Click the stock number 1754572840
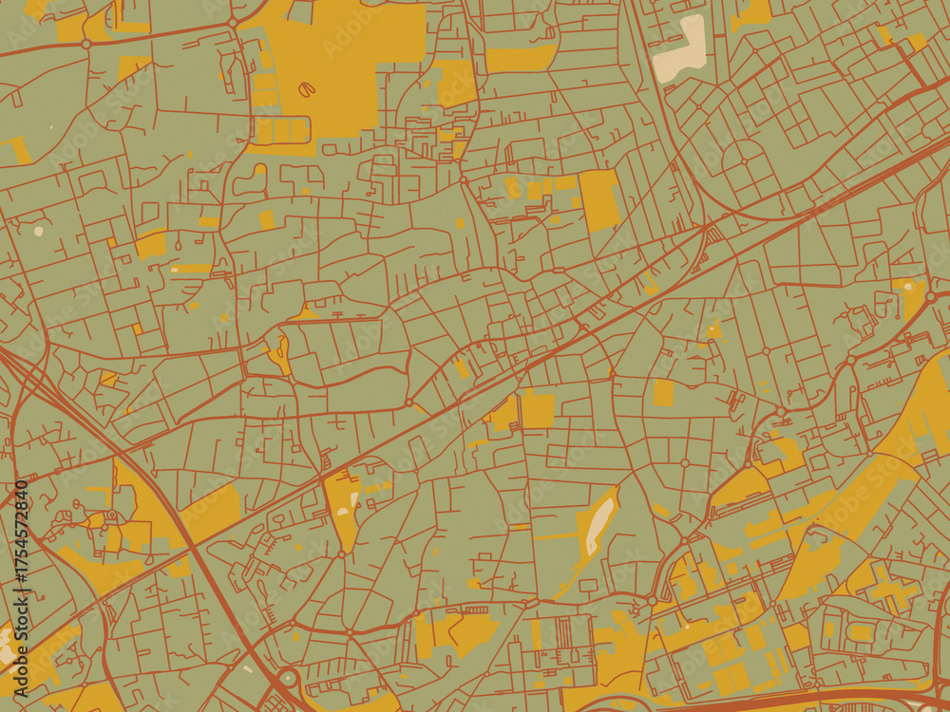21,541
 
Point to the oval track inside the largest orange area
307,89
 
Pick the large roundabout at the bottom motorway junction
288,680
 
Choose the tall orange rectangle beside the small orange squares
599,199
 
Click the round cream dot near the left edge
38,230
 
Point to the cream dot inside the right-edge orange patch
909,285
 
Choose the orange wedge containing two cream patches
343,503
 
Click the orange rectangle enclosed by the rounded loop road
663,391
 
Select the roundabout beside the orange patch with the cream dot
931,297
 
